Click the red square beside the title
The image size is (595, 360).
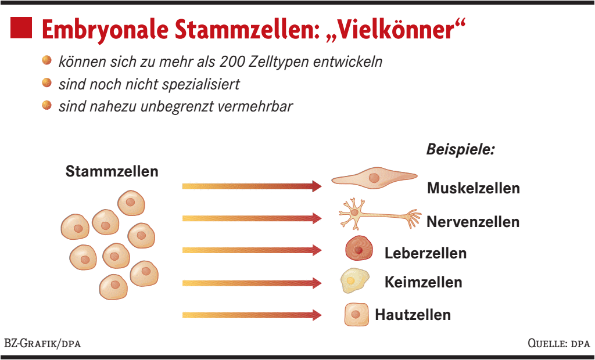coord(21,28)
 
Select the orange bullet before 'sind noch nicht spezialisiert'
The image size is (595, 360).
coord(47,84)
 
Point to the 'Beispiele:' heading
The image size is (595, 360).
coord(460,149)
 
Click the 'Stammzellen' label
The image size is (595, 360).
coord(112,172)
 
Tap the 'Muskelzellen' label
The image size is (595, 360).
coord(473,188)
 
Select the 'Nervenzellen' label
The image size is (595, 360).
coord(473,222)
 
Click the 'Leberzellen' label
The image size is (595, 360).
coord(425,253)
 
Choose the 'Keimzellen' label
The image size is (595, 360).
coord(423,283)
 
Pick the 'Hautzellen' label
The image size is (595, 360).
coord(413,315)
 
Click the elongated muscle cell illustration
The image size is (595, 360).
coord(374,178)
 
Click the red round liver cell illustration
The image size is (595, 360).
coord(359,249)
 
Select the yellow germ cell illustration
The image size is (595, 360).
coord(354,280)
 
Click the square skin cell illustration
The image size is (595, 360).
coord(356,315)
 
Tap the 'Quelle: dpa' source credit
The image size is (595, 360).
coord(558,344)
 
